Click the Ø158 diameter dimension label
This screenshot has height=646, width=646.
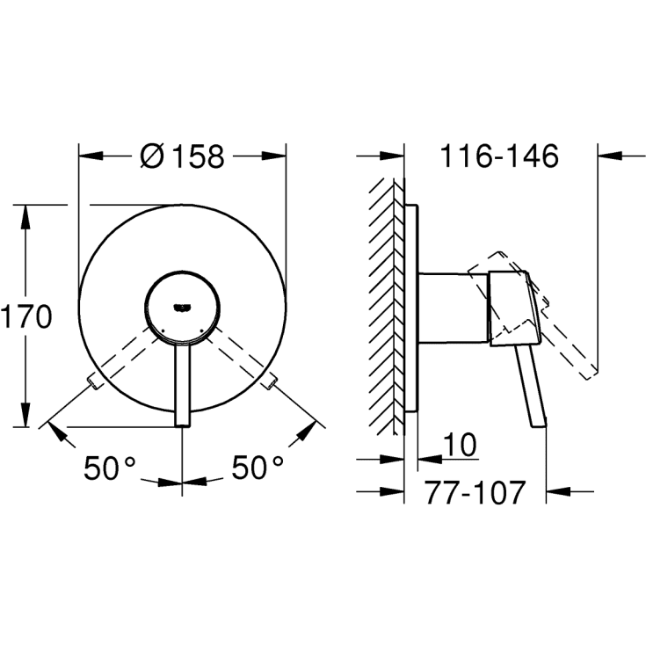(x=183, y=156)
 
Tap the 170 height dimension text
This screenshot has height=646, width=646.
(x=26, y=316)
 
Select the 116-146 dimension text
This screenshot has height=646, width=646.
(x=499, y=156)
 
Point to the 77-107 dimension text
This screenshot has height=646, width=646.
(x=475, y=492)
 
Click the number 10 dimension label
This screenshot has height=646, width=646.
(x=461, y=445)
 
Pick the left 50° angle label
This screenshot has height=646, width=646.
(x=110, y=468)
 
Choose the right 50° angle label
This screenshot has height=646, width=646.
(x=258, y=468)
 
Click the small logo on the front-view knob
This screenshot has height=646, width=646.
(x=182, y=307)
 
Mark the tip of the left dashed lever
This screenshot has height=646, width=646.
(x=92, y=382)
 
